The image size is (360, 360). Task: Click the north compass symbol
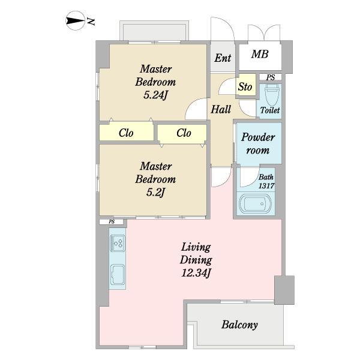pyautogui.click(x=76, y=20)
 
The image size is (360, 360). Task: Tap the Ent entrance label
pyautogui.click(x=223, y=58)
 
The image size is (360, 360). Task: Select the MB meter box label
pyautogui.click(x=260, y=54)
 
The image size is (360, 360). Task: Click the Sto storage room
pyautogui.click(x=246, y=85)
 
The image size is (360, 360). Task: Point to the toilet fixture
pyautogui.click(x=271, y=94)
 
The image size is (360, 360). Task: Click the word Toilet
pyautogui.click(x=270, y=110)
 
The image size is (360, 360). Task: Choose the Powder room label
pyautogui.click(x=258, y=143)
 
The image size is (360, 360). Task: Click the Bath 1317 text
pyautogui.click(x=266, y=181)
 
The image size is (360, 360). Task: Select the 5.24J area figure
pyautogui.click(x=155, y=95)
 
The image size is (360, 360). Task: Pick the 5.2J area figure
pyautogui.click(x=155, y=193)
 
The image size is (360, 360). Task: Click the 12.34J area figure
pyautogui.click(x=196, y=273)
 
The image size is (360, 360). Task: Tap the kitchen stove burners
pyautogui.click(x=118, y=243)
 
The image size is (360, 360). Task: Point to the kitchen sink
pyautogui.click(x=118, y=275)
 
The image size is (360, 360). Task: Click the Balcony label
pyautogui.click(x=239, y=325)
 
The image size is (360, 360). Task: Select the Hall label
pyautogui.click(x=221, y=109)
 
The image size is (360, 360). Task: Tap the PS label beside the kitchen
pyautogui.click(x=112, y=222)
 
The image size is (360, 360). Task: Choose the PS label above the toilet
pyautogui.click(x=271, y=77)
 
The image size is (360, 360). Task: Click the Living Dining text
pyautogui.click(x=196, y=254)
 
